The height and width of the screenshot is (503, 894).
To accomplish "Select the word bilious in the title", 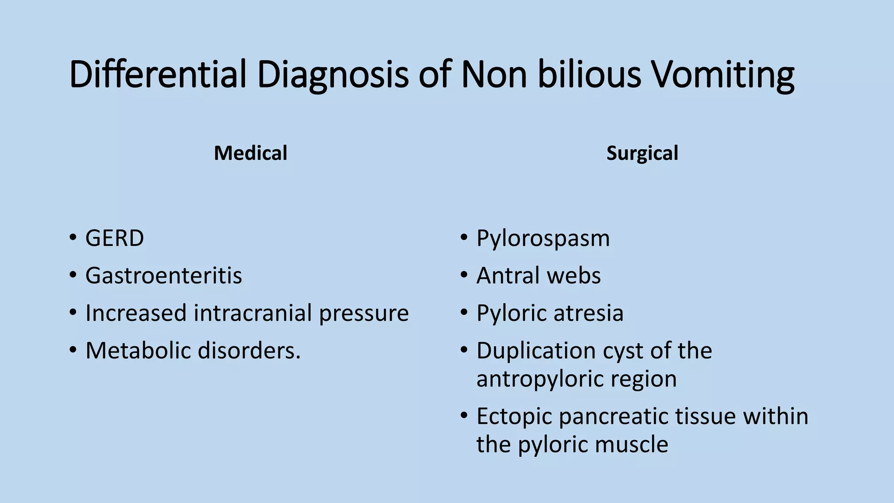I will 589,74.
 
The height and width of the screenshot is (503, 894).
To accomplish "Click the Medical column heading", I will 251,153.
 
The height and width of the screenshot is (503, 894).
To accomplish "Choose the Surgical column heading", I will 642,153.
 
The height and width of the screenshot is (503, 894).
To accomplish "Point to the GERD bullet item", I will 114,238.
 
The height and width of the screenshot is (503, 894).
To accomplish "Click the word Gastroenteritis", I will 164,276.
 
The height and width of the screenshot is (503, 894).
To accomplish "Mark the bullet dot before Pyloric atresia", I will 464,313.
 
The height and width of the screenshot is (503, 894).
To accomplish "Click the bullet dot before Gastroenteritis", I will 73,276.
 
